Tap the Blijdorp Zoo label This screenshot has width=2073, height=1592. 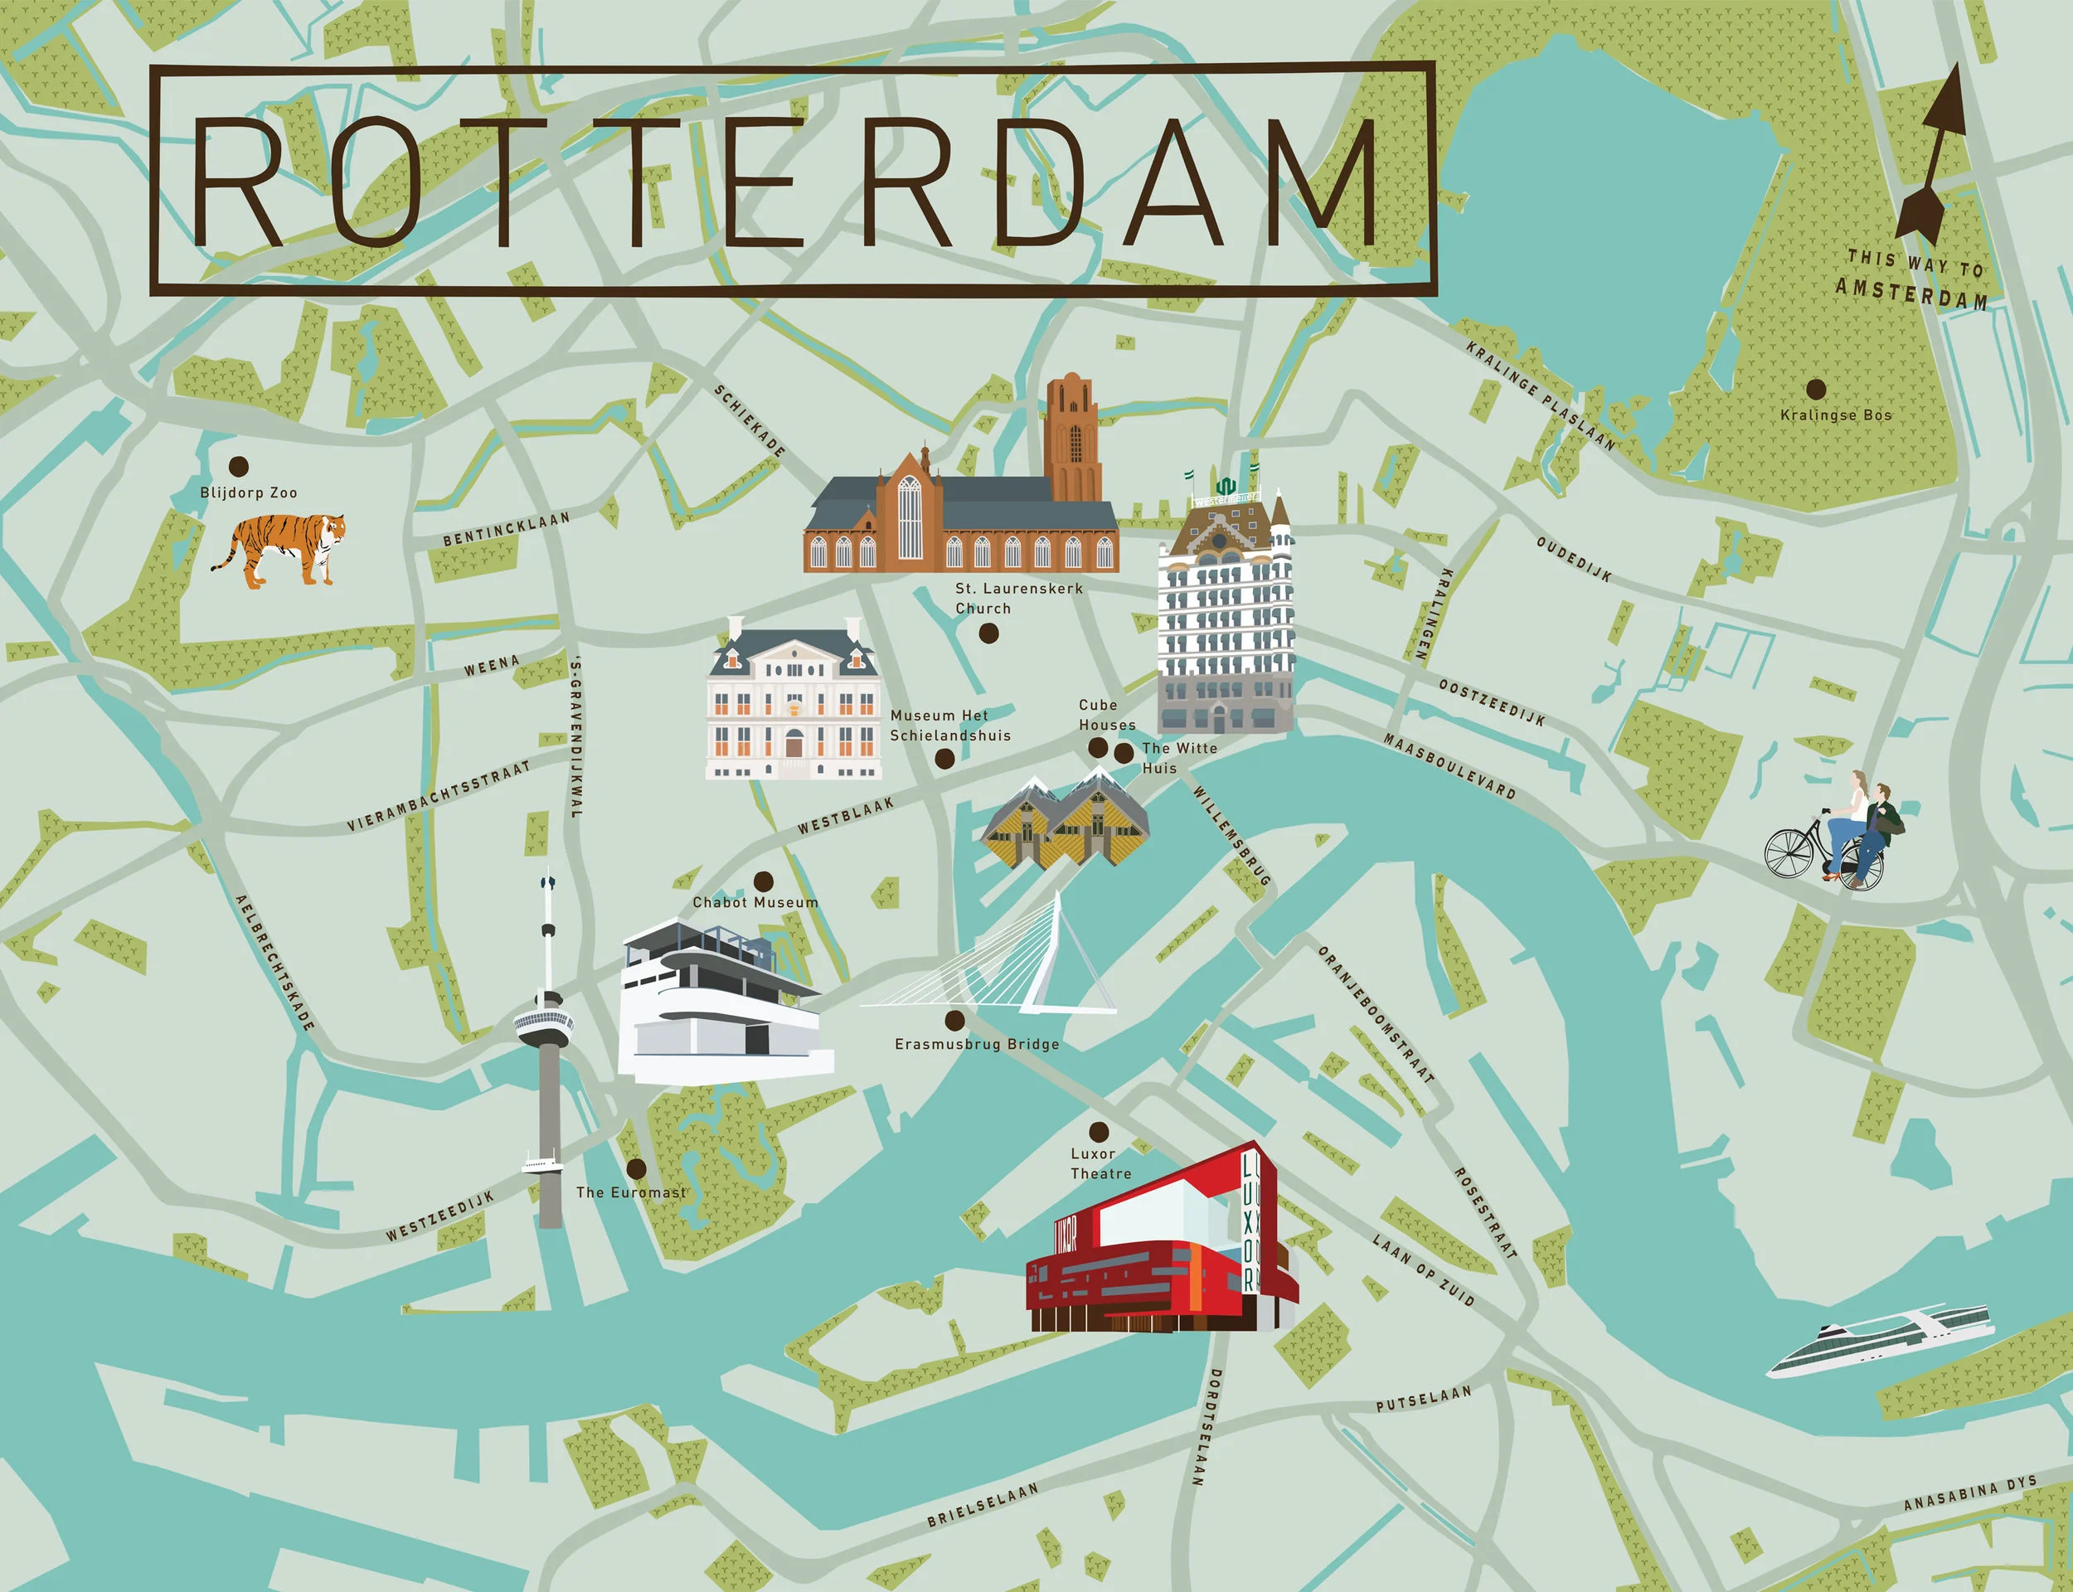(x=248, y=493)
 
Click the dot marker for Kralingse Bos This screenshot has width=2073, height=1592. (x=1815, y=390)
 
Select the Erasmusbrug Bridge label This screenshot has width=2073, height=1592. (x=977, y=1044)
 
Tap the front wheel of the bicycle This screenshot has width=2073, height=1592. (x=1788, y=854)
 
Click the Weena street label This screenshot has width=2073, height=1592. (x=492, y=666)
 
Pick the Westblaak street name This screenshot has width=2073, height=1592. (x=845, y=816)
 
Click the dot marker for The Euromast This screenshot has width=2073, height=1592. (x=637, y=1167)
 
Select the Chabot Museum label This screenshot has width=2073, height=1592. (x=755, y=902)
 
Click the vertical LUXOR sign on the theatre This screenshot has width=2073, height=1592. (x=1250, y=1221)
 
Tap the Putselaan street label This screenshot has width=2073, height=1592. (x=1423, y=1399)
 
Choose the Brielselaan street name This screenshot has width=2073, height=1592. (x=982, y=1505)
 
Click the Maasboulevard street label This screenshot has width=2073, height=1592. (x=1449, y=765)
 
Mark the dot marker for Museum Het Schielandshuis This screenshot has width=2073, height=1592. (x=944, y=758)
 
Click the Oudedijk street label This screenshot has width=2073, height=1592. (x=1574, y=559)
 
